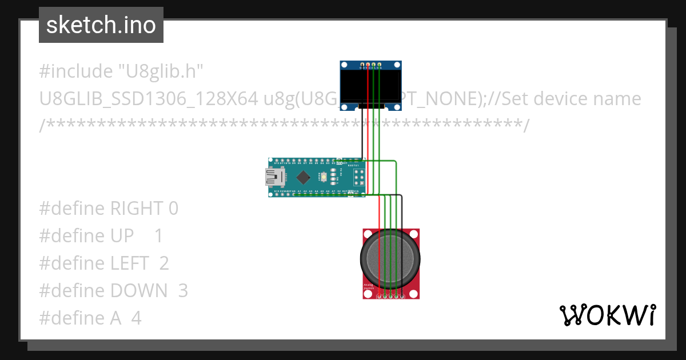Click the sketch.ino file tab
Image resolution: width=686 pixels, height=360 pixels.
pyautogui.click(x=101, y=25)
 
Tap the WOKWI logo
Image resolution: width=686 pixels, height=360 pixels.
pyautogui.click(x=607, y=315)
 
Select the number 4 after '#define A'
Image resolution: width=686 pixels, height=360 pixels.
pyautogui.click(x=136, y=318)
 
